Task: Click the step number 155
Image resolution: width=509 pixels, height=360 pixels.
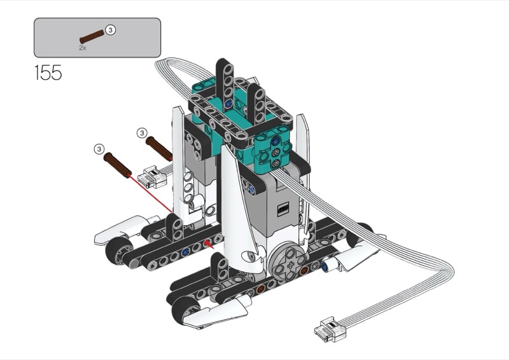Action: (48, 73)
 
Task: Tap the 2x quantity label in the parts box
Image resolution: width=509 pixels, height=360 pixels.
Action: (83, 48)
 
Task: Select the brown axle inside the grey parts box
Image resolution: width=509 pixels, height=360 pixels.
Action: (92, 36)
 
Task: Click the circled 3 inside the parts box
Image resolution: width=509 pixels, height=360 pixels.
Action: (111, 30)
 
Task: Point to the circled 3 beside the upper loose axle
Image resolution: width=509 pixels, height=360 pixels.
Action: (142, 133)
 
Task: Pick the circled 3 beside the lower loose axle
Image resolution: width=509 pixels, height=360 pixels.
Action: (99, 149)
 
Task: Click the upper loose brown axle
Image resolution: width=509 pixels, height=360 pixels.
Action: (159, 149)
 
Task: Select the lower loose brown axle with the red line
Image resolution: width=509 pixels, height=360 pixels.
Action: (118, 165)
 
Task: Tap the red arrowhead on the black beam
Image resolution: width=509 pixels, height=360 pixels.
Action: (209, 244)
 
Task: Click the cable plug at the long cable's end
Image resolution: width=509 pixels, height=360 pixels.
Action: (330, 329)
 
